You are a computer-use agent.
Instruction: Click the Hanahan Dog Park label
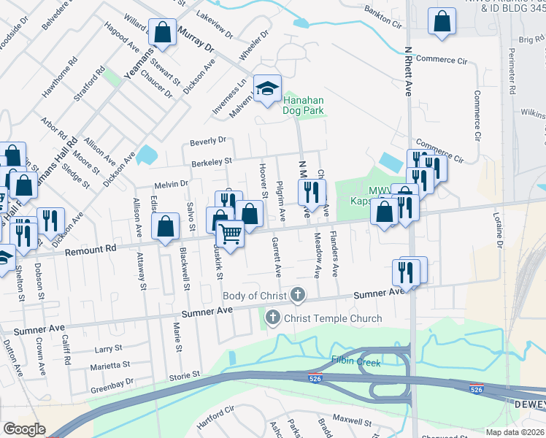click(303, 105)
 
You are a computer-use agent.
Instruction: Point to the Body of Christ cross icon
click(297, 295)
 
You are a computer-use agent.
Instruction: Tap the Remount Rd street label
click(91, 249)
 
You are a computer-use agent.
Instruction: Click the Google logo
click(24, 429)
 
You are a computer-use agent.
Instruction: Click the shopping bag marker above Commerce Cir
click(442, 22)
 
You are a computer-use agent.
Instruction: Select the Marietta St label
click(109, 365)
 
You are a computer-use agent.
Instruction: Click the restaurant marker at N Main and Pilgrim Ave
click(311, 193)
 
